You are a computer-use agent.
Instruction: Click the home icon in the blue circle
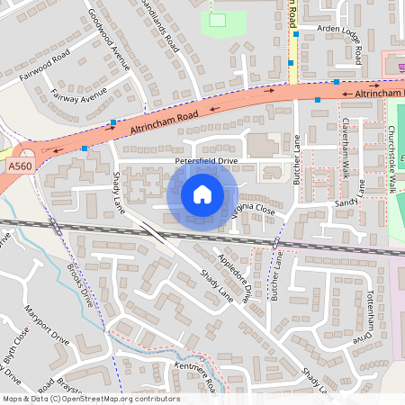(202, 194)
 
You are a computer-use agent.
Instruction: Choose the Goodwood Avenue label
(109, 41)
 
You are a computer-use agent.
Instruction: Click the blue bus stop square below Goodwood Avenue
(112, 121)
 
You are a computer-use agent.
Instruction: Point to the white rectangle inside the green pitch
(217, 20)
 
